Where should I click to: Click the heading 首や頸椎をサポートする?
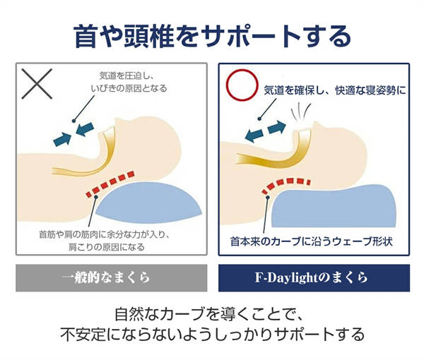tap(212, 35)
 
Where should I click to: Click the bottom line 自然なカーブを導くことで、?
tap(212, 312)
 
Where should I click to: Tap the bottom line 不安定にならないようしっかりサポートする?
tap(212, 333)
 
